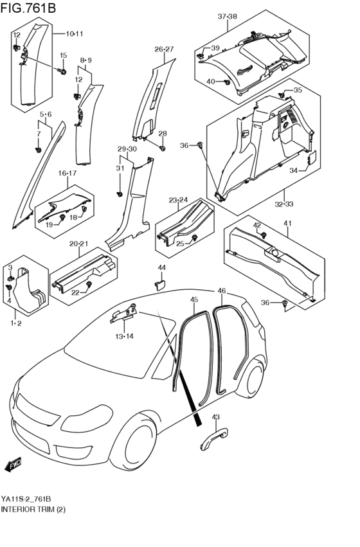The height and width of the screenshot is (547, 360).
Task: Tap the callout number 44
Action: coord(161,267)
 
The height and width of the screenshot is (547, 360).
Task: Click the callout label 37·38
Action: coord(227,16)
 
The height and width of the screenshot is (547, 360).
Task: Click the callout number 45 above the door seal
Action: coord(194,299)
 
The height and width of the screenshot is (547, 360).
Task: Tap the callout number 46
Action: coord(222,291)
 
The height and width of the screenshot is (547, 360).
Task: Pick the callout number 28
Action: coord(163,134)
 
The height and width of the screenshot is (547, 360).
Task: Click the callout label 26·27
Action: coord(164,49)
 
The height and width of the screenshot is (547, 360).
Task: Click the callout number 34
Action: coord(292,171)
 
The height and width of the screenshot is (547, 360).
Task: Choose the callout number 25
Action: coord(181,244)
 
